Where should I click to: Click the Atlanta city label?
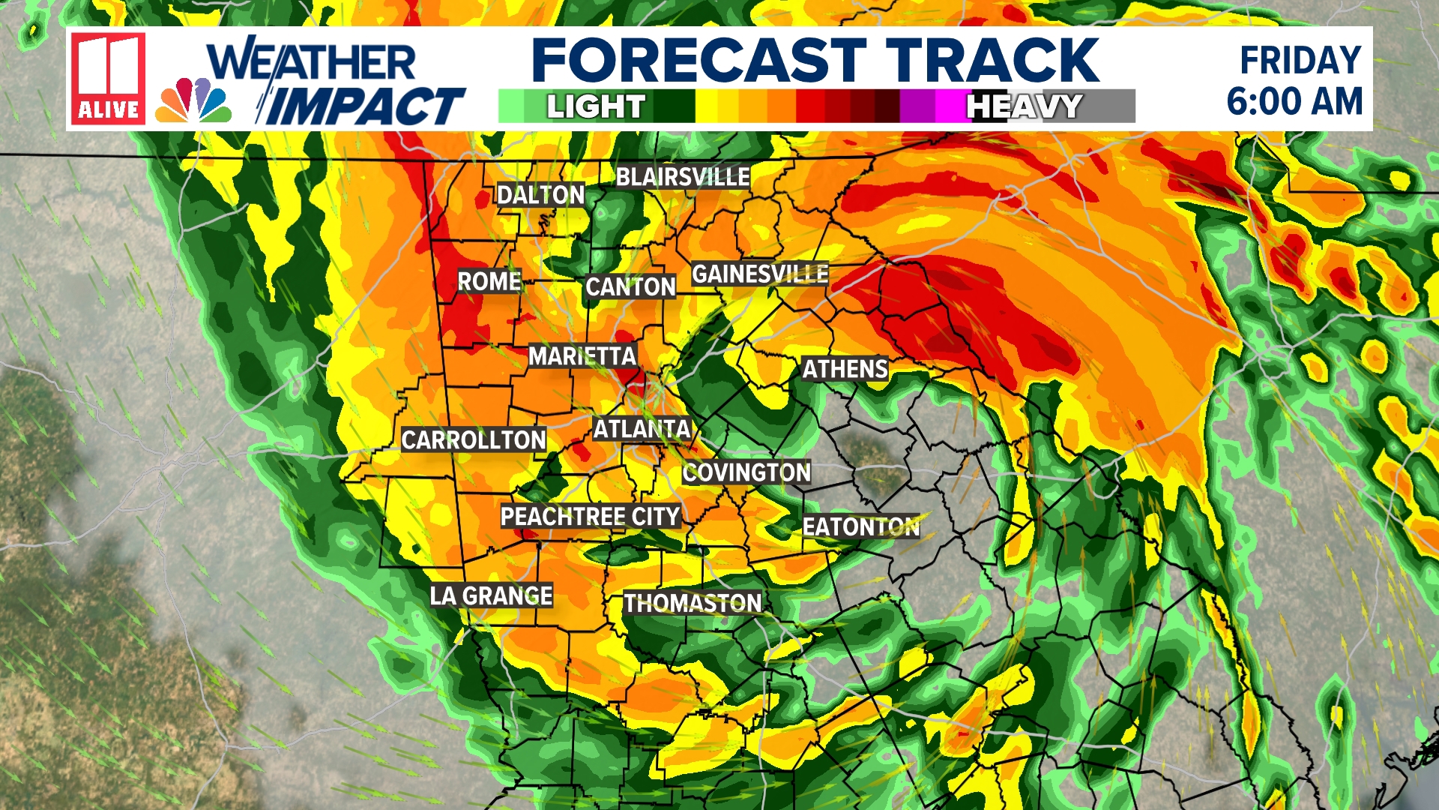coord(642,429)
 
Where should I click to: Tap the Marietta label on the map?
coord(582,356)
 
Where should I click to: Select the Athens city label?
coord(845,369)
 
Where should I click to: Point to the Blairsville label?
coord(682,177)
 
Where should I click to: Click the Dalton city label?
coord(540,195)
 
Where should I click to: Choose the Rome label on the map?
coord(489,282)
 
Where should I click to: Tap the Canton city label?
coord(630,286)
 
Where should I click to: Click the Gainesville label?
coord(759,274)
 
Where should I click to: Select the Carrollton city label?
coord(473,439)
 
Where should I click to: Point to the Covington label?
coord(746,472)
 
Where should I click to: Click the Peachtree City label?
coord(590,517)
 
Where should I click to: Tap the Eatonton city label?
coord(860,526)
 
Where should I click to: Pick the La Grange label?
coord(491,595)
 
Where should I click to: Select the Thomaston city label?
coord(693,603)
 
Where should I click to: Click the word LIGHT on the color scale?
coord(596,106)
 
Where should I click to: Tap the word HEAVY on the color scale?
coord(1024,106)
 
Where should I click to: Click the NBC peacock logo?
coord(193,100)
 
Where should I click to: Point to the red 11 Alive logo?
coord(108,78)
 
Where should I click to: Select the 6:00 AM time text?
coord(1294,101)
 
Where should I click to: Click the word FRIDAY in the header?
coord(1300,61)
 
